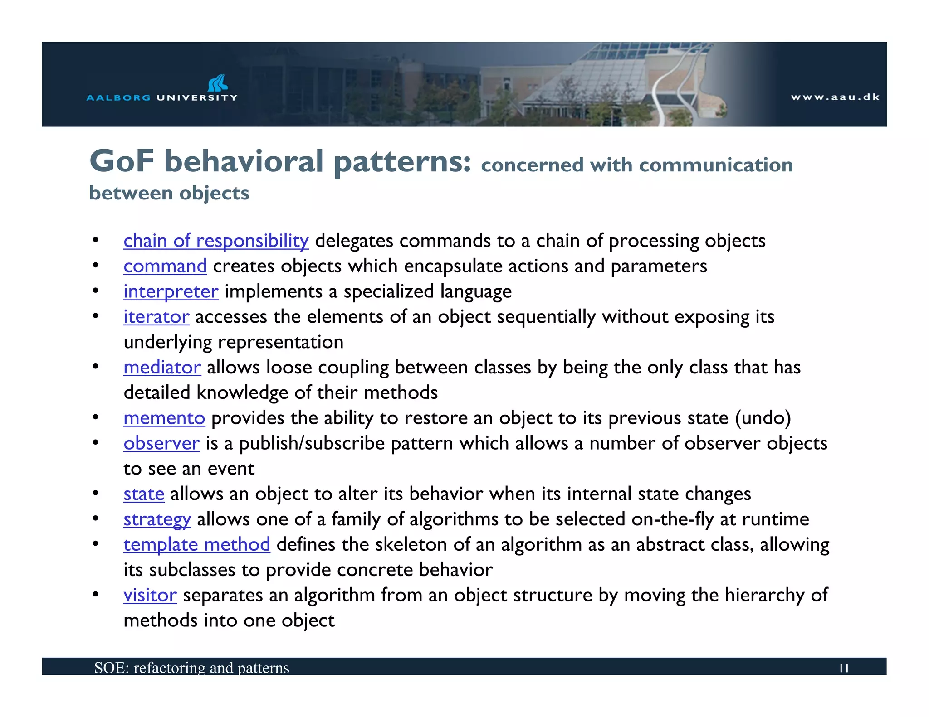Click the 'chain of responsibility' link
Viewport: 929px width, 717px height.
(x=216, y=241)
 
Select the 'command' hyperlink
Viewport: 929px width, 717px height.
(x=165, y=266)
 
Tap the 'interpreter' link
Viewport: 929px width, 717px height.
(x=171, y=291)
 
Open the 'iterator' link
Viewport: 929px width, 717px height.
(x=156, y=317)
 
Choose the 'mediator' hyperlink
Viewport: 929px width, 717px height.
(x=162, y=367)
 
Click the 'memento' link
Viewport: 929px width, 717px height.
(x=164, y=418)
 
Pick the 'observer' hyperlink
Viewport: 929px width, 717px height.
(x=161, y=443)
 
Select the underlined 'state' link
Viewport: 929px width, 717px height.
(x=144, y=494)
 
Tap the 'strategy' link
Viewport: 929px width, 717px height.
(x=157, y=519)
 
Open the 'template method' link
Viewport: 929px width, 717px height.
(x=197, y=544)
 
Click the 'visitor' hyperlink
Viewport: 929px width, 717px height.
(x=150, y=595)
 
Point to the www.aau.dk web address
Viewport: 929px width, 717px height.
(x=835, y=97)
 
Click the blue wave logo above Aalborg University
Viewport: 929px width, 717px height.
(x=217, y=83)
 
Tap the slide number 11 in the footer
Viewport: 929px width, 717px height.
(x=844, y=668)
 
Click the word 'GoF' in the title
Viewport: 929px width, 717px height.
(x=122, y=161)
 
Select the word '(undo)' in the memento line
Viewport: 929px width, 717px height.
(x=763, y=418)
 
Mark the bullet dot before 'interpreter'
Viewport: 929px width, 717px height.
(x=95, y=291)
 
